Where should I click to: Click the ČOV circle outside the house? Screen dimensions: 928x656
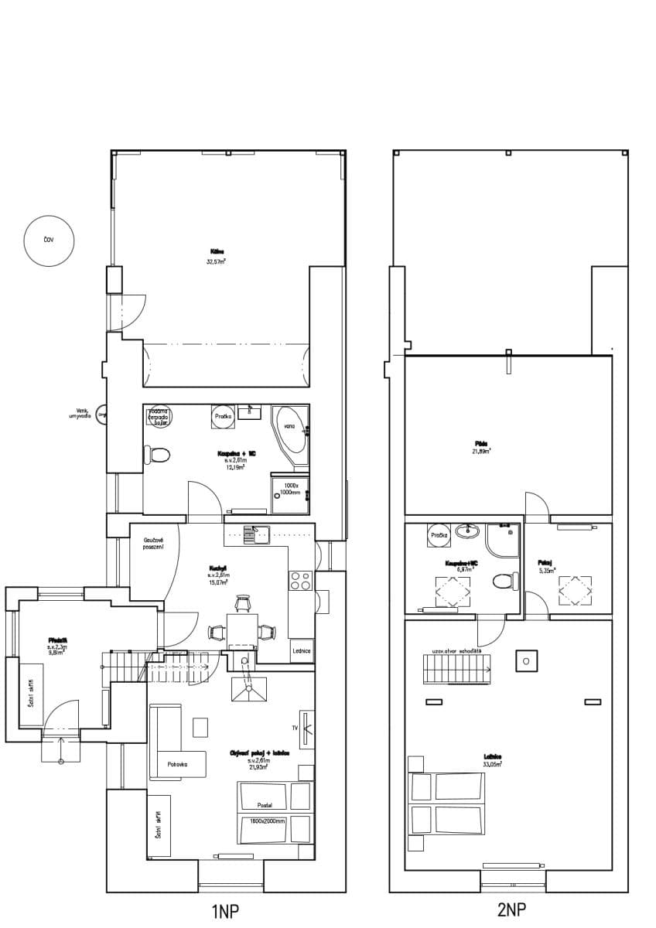[49, 241]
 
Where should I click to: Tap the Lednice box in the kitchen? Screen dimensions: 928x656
[302, 651]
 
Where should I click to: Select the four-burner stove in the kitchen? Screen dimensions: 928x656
[299, 581]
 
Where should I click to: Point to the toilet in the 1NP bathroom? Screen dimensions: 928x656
[159, 455]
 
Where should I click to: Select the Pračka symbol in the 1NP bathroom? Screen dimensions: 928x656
[223, 416]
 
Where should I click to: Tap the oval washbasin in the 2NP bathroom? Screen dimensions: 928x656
[466, 531]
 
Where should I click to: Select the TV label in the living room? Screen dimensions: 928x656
[295, 728]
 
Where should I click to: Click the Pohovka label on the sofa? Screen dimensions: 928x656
[178, 764]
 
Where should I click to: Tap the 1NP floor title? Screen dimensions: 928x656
[225, 912]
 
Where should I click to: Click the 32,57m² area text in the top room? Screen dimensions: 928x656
[216, 262]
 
